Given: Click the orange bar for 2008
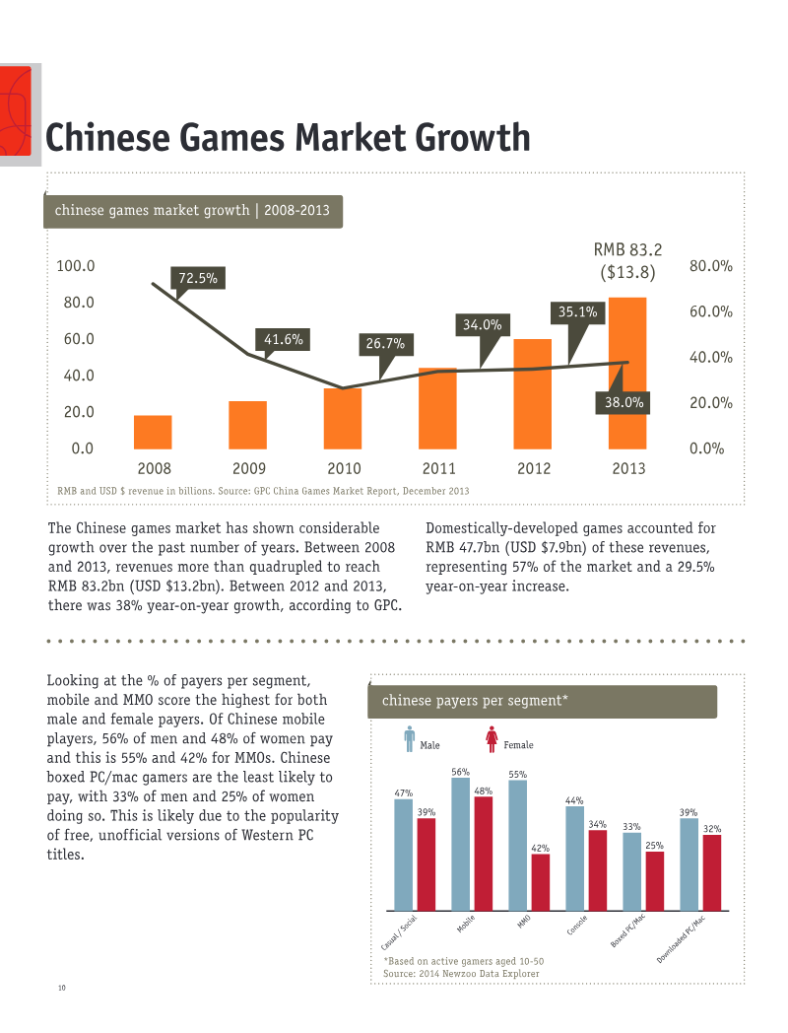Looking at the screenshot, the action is (153, 432).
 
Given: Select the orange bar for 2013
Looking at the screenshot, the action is (627, 374).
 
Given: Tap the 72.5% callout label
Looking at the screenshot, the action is (198, 278).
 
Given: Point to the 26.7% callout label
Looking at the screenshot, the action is (386, 344).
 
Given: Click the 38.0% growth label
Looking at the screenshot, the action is (624, 402).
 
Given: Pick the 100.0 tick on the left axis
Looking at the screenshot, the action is (76, 265).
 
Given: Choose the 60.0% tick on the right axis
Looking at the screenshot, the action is (711, 310).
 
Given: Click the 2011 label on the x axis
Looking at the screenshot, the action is (439, 468).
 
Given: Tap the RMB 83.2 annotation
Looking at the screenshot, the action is (628, 249).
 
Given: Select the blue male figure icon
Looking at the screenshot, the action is (410, 739).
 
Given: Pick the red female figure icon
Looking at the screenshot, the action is (492, 739).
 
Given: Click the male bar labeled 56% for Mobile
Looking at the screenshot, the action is (461, 845).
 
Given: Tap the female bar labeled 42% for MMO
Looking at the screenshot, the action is (541, 883).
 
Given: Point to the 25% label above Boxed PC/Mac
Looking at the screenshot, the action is (654, 846).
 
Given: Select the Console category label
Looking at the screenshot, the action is (577, 925).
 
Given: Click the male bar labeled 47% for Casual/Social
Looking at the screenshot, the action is (404, 856).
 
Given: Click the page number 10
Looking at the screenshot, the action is (62, 988).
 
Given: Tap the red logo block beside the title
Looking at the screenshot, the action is (16, 110).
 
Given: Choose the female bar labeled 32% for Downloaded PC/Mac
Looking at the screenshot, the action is (712, 873).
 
